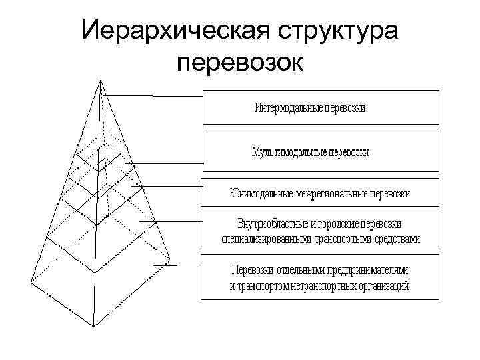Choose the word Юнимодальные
point(259,193)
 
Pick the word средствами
point(399,238)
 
